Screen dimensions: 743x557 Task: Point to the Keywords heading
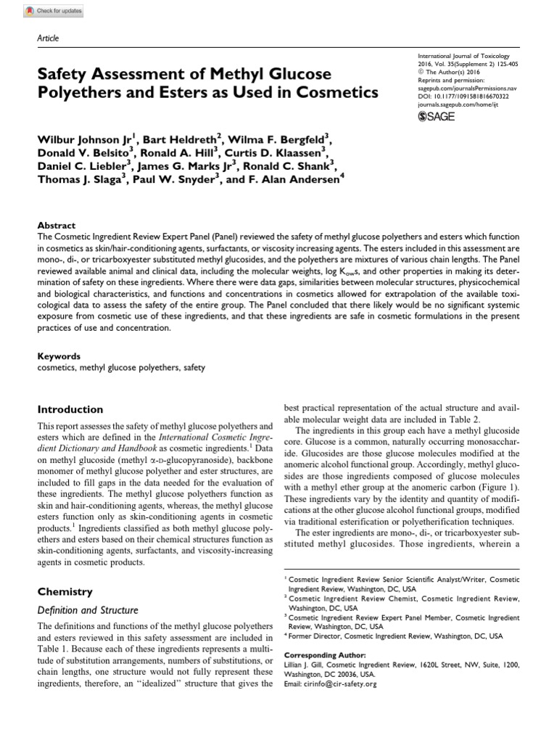[x=59, y=356]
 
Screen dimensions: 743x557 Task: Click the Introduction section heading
[x=70, y=409]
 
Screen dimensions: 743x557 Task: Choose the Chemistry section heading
[x=65, y=592]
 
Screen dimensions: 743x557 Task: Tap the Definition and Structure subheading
[x=88, y=610]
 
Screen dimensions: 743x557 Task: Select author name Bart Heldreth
[x=187, y=139]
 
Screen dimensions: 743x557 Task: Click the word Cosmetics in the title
[x=333, y=93]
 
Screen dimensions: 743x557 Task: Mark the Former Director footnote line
[x=395, y=636]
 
